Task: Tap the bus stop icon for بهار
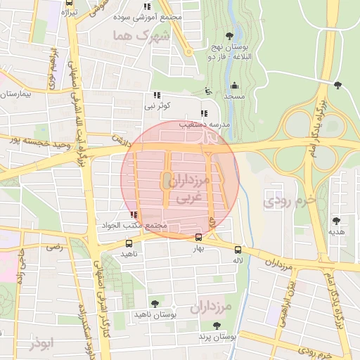[x=198, y=238]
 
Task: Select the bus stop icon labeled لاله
[x=238, y=250]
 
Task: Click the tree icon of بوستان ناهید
[x=155, y=304]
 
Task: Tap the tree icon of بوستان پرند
[x=216, y=326]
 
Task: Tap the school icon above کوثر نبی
[x=156, y=95]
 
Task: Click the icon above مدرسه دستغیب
[x=204, y=113]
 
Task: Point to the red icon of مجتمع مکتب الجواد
[x=134, y=215]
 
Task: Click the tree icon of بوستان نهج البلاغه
[x=229, y=35]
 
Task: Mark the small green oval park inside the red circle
[x=167, y=181]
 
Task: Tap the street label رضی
[x=54, y=247]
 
